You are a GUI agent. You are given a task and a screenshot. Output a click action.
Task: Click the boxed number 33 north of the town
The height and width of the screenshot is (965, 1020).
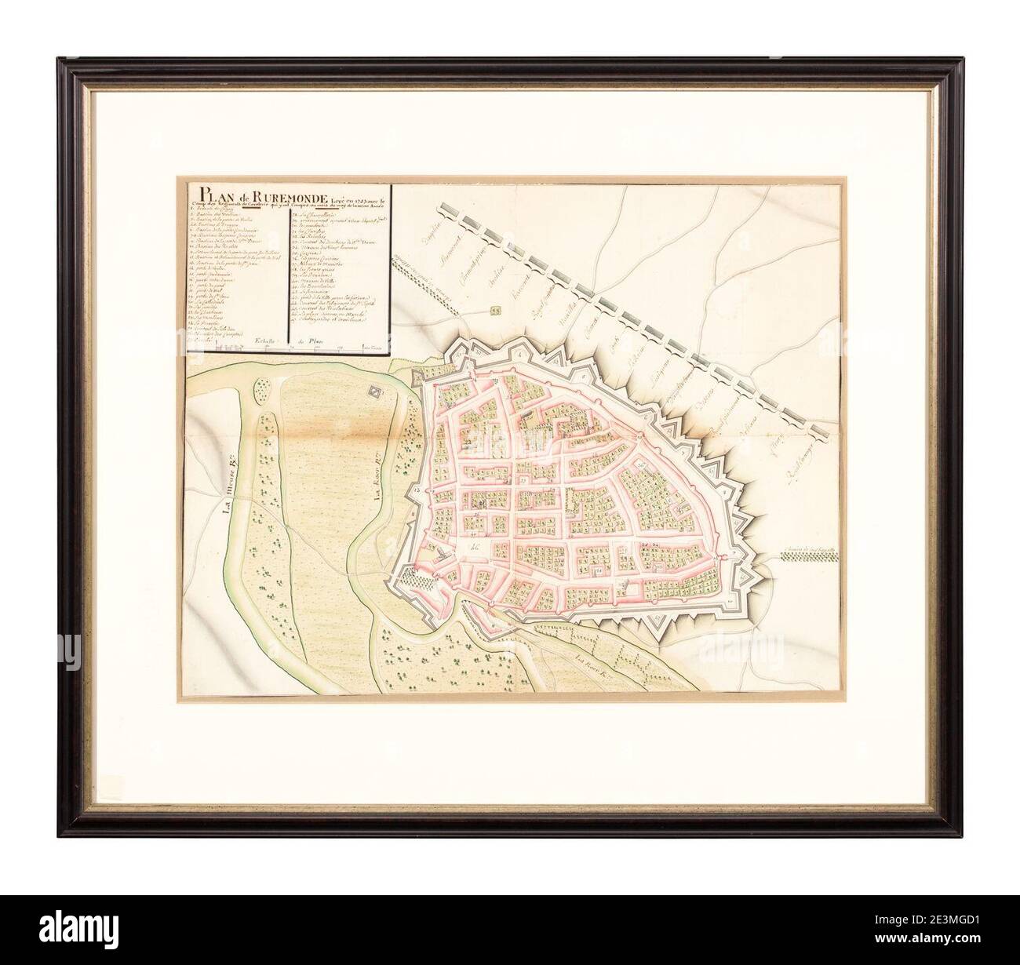coord(495,311)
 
